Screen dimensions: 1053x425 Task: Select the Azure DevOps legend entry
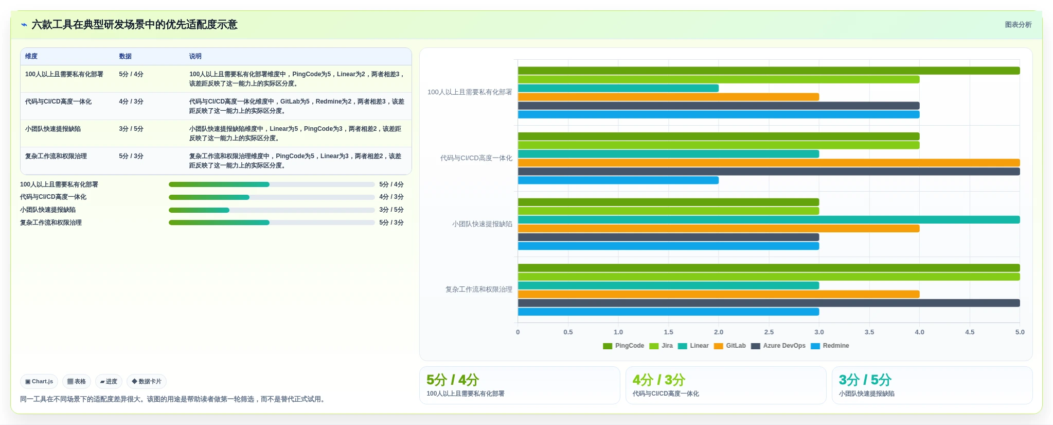(x=778, y=346)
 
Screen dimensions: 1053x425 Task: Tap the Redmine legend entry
(x=830, y=346)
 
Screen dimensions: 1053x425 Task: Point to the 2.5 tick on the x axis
(x=769, y=332)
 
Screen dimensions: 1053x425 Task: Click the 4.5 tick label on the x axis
(x=970, y=332)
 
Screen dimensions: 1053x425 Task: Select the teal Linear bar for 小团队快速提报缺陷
(x=769, y=220)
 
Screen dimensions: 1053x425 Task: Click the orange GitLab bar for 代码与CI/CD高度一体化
(x=769, y=163)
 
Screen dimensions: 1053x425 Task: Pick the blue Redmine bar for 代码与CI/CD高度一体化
(x=618, y=180)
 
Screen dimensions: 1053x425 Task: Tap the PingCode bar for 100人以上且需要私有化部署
(x=769, y=71)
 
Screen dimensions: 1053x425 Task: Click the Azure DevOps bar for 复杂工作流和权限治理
(x=769, y=303)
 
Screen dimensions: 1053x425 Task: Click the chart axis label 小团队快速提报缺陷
(x=482, y=224)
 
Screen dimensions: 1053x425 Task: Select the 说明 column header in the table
(x=195, y=56)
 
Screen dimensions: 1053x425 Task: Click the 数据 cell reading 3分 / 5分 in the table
(x=131, y=129)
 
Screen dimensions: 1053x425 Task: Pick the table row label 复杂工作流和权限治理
(x=56, y=156)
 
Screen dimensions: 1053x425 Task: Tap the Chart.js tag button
(x=39, y=382)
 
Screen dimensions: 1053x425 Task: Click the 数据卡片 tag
(x=147, y=382)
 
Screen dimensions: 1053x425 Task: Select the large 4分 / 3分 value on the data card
(x=659, y=380)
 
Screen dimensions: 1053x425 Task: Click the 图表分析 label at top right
(x=1019, y=25)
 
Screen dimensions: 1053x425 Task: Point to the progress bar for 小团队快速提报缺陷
(x=272, y=210)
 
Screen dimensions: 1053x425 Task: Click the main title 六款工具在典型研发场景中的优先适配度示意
(x=135, y=25)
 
